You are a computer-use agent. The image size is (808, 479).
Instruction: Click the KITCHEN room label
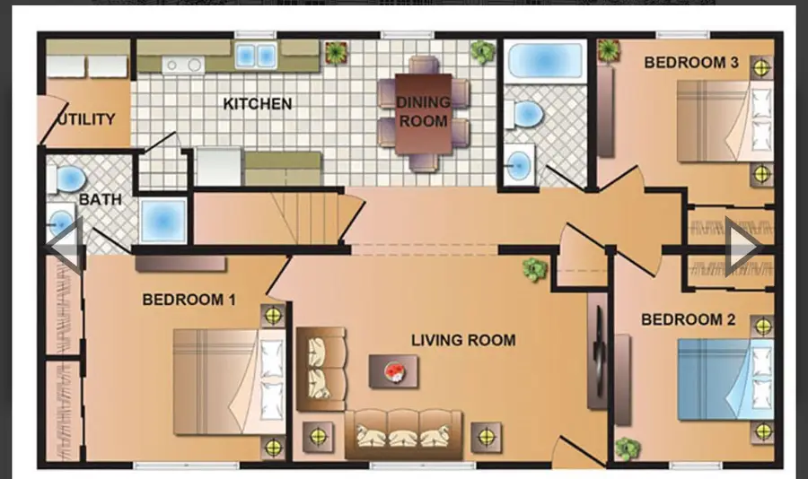(x=257, y=104)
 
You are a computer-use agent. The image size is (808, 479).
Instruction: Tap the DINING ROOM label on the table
(x=423, y=112)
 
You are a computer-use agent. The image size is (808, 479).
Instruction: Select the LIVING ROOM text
(x=463, y=340)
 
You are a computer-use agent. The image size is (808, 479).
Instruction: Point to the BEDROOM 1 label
(x=189, y=300)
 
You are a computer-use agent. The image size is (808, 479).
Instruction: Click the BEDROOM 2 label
(x=681, y=319)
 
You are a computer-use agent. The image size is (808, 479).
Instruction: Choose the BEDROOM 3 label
(x=691, y=63)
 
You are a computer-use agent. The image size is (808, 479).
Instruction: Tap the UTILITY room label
(x=86, y=119)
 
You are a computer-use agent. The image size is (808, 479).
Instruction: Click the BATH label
(x=101, y=199)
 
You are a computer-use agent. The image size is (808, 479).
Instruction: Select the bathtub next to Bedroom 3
(x=545, y=60)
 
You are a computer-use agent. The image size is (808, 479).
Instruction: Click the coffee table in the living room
(x=393, y=370)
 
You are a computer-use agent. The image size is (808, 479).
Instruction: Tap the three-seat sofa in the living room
(x=403, y=433)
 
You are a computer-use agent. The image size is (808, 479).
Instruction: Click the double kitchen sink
(x=255, y=56)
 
